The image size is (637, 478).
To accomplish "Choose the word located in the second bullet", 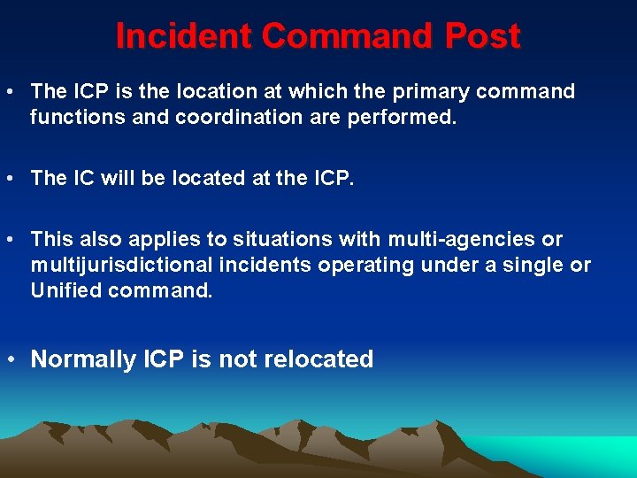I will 192,178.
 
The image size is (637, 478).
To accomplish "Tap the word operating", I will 353,265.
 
